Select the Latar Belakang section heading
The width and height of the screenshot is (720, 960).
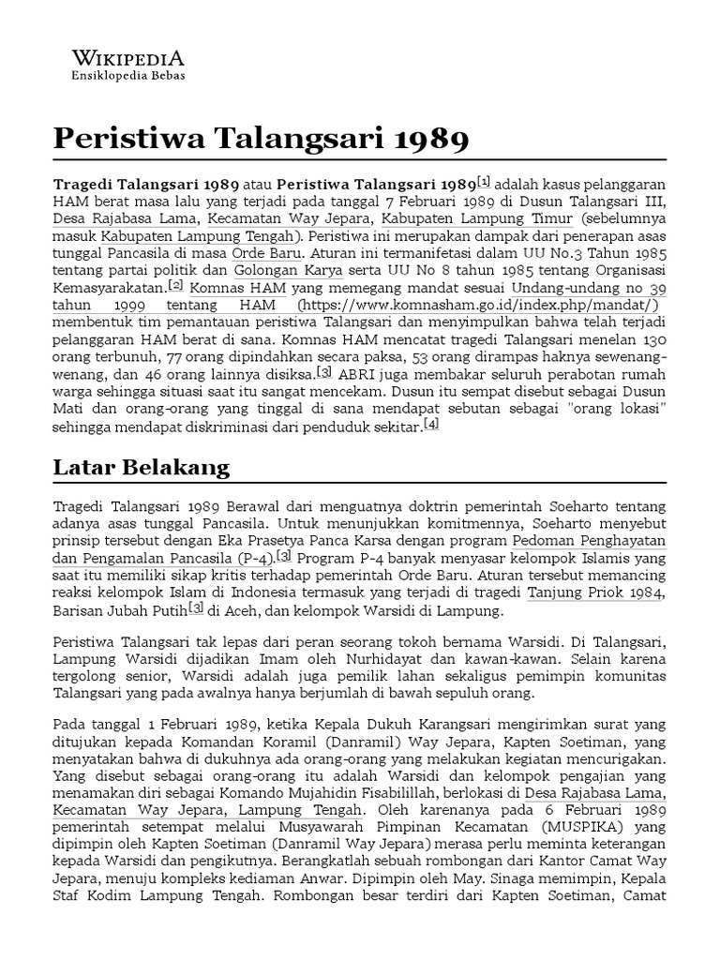coord(142,466)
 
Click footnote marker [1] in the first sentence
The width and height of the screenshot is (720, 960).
coord(484,180)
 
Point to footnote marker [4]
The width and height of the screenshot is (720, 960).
coord(430,425)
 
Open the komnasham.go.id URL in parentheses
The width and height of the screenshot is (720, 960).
coord(483,306)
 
